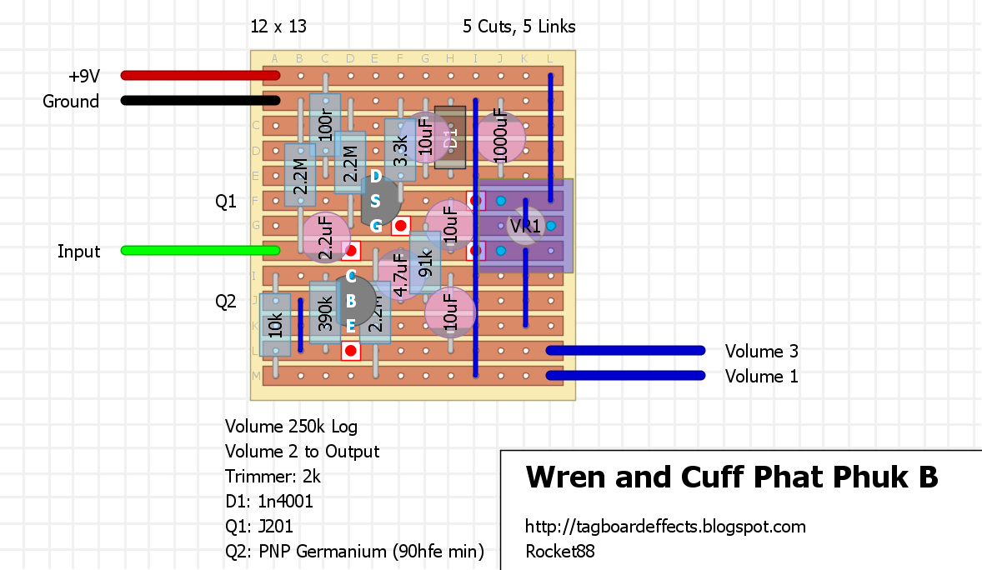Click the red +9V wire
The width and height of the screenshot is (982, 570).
[200, 76]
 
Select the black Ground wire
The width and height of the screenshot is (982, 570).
[200, 101]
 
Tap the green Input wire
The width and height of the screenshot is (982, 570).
[200, 251]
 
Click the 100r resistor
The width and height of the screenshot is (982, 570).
[325, 125]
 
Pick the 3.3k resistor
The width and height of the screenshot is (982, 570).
[400, 150]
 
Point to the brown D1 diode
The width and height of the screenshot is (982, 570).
[450, 137]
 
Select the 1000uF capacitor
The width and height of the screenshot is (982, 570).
[500, 137]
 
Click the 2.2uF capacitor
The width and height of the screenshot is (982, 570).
[324, 237]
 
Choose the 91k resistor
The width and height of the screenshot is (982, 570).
[425, 262]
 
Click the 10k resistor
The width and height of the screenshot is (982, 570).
[275, 325]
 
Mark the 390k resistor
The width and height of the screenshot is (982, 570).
[324, 313]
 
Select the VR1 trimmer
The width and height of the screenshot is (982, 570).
[525, 226]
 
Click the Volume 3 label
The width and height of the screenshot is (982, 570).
[761, 352]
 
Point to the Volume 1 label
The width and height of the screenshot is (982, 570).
[761, 377]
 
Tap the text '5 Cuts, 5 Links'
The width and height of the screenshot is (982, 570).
[519, 27]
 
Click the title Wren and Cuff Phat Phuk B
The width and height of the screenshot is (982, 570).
[731, 477]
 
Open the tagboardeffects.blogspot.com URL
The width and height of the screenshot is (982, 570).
[665, 527]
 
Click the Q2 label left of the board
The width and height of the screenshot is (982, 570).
[226, 302]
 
